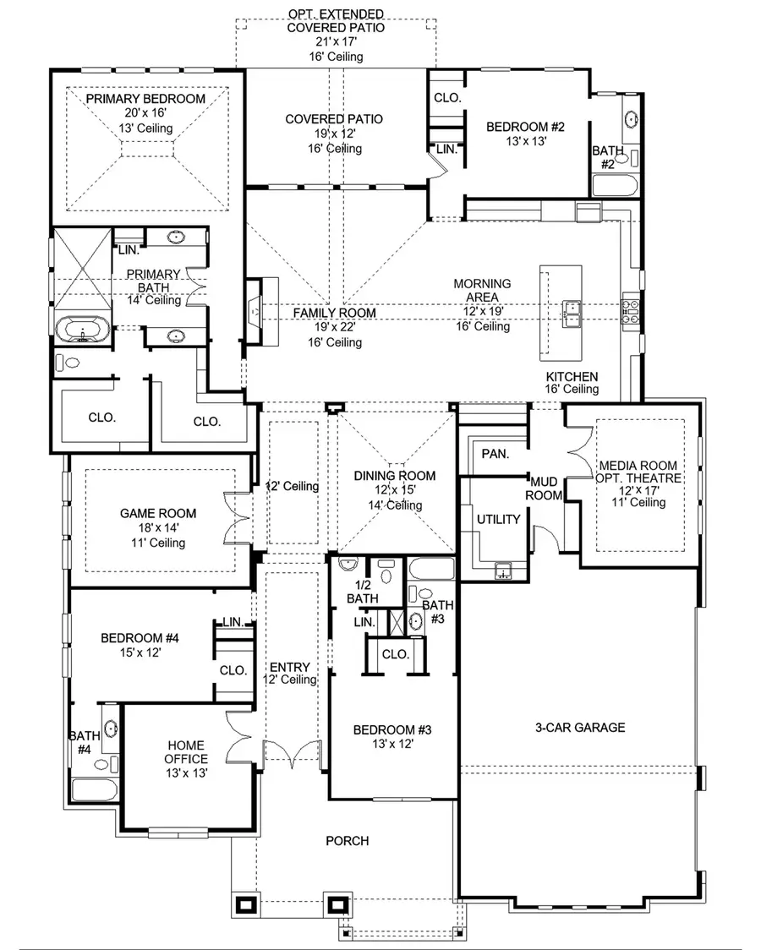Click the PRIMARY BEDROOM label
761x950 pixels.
(x=145, y=99)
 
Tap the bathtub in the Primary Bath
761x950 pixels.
(x=81, y=329)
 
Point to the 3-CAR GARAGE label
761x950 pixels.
(x=580, y=727)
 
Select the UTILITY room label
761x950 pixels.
(x=498, y=519)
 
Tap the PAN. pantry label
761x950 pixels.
(x=495, y=454)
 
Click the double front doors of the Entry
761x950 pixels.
(x=293, y=751)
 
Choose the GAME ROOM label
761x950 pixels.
(x=158, y=513)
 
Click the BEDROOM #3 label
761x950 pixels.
(x=392, y=729)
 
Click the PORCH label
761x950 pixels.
(x=348, y=840)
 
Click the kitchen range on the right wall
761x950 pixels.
(x=631, y=310)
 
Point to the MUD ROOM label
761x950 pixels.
(x=545, y=488)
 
